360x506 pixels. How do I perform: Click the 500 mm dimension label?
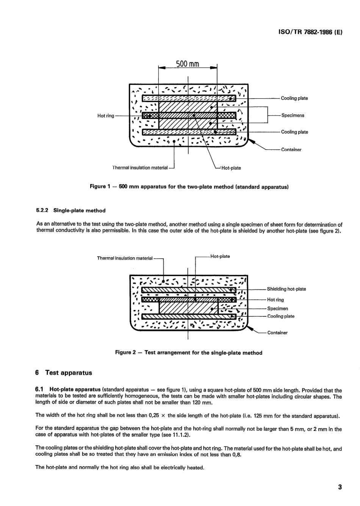coord(188,64)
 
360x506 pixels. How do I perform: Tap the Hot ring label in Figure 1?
coord(106,116)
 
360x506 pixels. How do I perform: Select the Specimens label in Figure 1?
coord(293,115)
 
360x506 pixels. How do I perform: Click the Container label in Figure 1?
coord(291,149)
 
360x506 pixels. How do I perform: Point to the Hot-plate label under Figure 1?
coord(231,168)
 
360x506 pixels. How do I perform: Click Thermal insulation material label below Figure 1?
coord(140,168)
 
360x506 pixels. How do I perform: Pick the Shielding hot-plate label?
coord(286,289)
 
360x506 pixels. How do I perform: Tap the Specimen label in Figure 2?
coord(277,309)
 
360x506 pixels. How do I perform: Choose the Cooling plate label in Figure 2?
coord(280,316)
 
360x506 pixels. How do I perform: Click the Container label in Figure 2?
coord(277,333)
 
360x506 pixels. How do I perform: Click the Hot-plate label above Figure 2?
coord(220,256)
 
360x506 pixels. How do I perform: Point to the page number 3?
coord(340,487)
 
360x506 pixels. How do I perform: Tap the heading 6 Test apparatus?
coord(64,372)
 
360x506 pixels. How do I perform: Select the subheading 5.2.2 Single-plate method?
coord(70,211)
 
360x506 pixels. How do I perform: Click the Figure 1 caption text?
coord(189,187)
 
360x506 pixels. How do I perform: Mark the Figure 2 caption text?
coord(189,353)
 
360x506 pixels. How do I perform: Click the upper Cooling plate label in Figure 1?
coord(294,98)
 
